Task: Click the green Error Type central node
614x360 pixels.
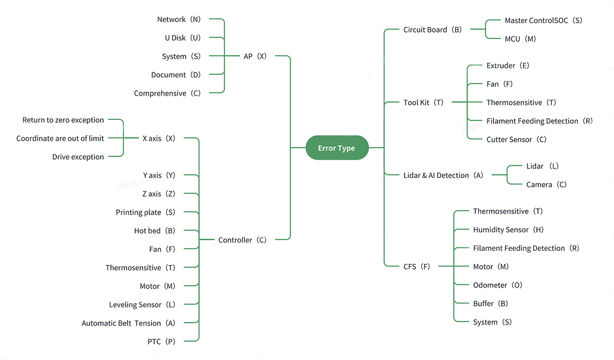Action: click(x=336, y=148)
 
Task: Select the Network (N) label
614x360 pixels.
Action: click(x=179, y=20)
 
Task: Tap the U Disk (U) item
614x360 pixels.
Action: click(x=183, y=38)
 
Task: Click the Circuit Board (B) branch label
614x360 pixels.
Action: click(x=432, y=30)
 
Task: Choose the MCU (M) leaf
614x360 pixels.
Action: click(x=520, y=39)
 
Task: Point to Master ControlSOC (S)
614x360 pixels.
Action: click(x=543, y=21)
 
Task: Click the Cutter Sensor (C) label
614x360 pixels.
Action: click(x=516, y=139)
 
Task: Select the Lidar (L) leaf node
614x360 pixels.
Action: click(x=542, y=167)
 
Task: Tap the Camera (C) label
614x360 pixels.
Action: click(x=546, y=185)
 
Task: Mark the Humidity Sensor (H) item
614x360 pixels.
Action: click(x=508, y=230)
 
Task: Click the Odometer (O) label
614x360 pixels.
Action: click(x=498, y=285)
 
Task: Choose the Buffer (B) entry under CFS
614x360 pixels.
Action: click(x=491, y=304)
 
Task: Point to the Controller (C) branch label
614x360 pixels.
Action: click(x=242, y=240)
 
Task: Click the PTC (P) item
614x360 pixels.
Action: click(x=161, y=342)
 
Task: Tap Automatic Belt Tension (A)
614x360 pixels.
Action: click(x=128, y=323)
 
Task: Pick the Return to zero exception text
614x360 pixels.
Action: click(x=63, y=120)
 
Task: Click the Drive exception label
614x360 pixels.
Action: click(x=78, y=157)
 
